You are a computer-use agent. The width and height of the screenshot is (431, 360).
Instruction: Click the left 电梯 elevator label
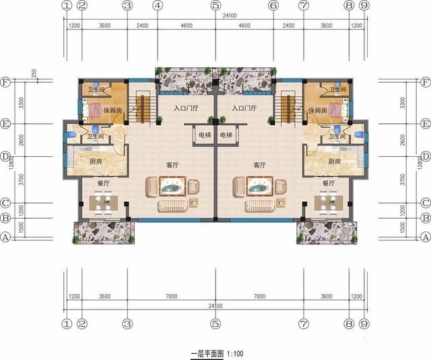pyautogui.click(x=205, y=135)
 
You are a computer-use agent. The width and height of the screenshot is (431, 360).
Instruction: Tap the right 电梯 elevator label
pyautogui.click(x=226, y=135)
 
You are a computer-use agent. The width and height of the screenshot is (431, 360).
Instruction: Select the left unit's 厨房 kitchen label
pyautogui.click(x=96, y=161)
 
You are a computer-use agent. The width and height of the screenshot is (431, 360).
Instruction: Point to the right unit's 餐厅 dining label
pyautogui.click(x=329, y=183)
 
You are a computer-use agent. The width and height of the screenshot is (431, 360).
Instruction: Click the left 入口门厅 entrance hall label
pyautogui.click(x=186, y=108)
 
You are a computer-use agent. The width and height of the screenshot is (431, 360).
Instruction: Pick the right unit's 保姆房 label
pyautogui.click(x=318, y=110)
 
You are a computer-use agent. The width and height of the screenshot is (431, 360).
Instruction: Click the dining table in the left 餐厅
pyautogui.click(x=103, y=203)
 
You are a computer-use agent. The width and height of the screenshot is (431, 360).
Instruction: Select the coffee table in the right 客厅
pyautogui.click(x=259, y=186)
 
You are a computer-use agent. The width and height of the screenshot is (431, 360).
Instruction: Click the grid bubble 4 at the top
pyautogui.click(x=158, y=5)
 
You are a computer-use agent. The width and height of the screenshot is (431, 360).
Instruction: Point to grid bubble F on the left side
pyautogui.click(x=5, y=82)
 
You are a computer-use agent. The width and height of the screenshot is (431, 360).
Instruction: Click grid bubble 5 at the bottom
pyautogui.click(x=215, y=324)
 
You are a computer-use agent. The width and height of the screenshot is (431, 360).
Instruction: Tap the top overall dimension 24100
pyautogui.click(x=230, y=15)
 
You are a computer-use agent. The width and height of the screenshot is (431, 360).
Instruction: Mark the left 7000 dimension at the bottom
pyautogui.click(x=171, y=296)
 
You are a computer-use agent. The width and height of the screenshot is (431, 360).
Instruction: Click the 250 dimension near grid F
pyautogui.click(x=34, y=73)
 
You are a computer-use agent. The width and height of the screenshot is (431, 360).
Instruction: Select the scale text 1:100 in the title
pyautogui.click(x=235, y=353)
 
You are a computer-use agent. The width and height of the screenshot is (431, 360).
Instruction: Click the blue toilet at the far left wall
pyautogui.click(x=71, y=135)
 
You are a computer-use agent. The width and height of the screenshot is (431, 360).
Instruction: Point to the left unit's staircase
pyautogui.click(x=142, y=109)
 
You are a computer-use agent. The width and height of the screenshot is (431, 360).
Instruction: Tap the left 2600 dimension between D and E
pyautogui.click(x=22, y=140)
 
